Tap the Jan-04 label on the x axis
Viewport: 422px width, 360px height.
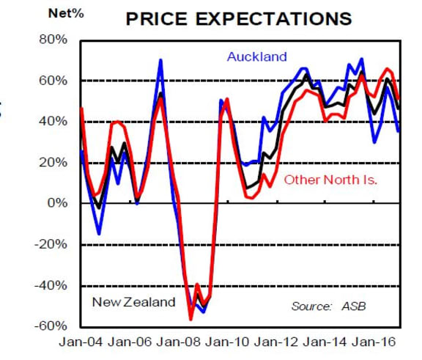(78, 342)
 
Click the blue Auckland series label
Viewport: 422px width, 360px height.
(256, 57)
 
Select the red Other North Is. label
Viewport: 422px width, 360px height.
(330, 179)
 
